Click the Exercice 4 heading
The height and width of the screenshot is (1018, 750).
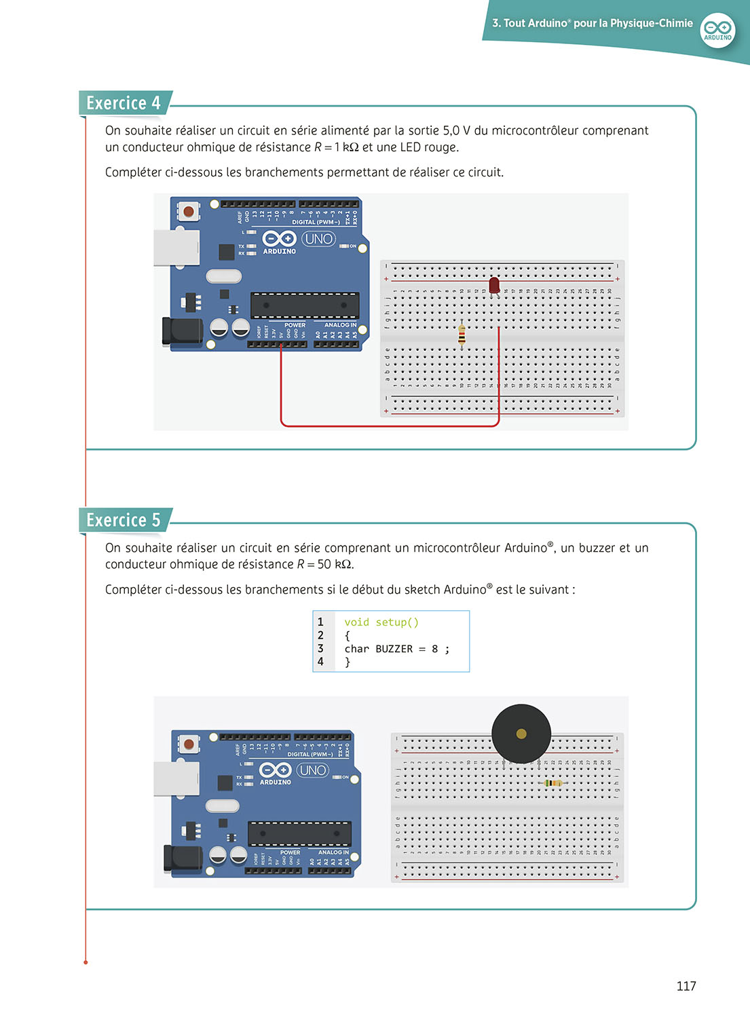(124, 103)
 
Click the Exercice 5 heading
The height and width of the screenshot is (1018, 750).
(124, 521)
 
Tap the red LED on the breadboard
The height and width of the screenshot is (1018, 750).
(494, 284)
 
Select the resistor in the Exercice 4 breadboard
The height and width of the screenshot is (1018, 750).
(462, 335)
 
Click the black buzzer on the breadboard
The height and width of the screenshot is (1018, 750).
(521, 734)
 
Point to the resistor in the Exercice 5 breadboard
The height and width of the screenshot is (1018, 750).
(554, 783)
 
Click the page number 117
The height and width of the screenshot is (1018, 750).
(686, 986)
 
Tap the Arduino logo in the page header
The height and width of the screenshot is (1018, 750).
(717, 30)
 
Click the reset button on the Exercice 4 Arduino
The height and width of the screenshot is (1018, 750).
(188, 212)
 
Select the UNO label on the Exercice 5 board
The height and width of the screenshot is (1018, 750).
(313, 770)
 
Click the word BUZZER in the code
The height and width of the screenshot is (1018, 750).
(394, 649)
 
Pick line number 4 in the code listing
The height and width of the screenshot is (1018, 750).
(321, 662)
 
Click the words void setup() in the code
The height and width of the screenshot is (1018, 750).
(381, 622)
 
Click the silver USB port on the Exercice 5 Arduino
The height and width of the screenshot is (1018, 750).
(176, 778)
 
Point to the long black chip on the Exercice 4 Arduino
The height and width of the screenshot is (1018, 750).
(305, 305)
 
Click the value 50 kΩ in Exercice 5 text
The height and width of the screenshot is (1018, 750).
(334, 565)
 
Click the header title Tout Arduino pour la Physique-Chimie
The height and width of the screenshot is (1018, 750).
(593, 24)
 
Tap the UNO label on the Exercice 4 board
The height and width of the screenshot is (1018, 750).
(318, 239)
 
